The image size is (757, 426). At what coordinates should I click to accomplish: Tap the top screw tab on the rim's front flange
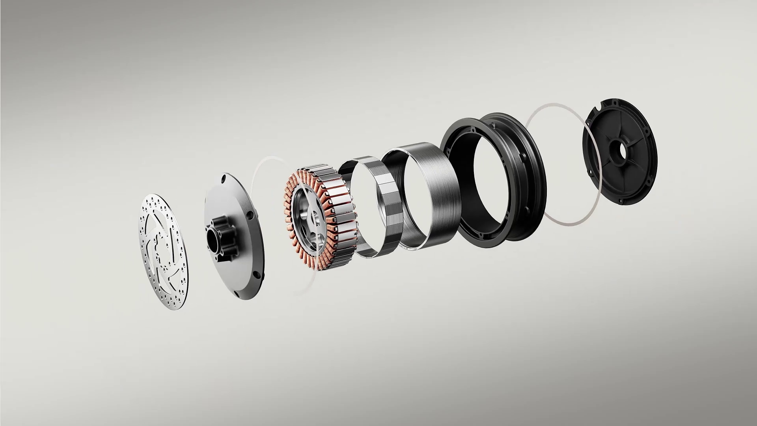(x=473, y=129)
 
